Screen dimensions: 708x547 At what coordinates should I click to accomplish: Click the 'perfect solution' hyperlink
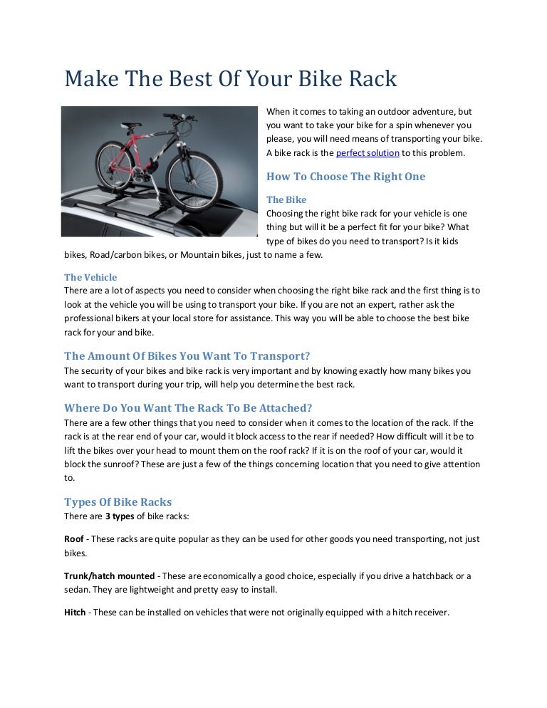[368, 153]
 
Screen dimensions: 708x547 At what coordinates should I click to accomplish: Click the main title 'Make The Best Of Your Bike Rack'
[230, 78]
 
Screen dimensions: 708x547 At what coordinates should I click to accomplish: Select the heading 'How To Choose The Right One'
[345, 177]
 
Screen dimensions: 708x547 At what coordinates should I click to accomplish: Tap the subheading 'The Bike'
[286, 199]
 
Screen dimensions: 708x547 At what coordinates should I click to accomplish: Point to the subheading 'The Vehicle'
[90, 277]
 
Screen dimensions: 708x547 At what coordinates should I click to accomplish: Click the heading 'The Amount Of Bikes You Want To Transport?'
[187, 355]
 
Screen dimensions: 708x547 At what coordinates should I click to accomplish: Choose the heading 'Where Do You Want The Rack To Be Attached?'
[188, 408]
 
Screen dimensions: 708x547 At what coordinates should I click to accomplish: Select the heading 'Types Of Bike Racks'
[118, 501]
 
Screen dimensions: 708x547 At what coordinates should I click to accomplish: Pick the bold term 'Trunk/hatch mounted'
[109, 576]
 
